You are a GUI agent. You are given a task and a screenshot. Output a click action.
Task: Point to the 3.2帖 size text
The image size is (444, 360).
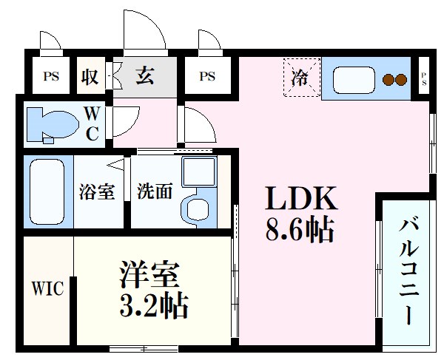[x=153, y=304]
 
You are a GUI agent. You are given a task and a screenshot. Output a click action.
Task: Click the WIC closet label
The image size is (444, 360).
[x=47, y=288]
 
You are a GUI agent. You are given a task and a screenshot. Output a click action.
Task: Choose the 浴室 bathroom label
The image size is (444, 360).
[x=96, y=191]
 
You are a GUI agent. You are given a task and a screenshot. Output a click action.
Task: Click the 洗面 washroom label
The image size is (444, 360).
[x=155, y=191]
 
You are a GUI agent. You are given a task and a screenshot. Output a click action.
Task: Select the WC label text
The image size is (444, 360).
[x=92, y=123]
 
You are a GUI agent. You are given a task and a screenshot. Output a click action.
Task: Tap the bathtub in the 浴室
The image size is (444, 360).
[x=47, y=191]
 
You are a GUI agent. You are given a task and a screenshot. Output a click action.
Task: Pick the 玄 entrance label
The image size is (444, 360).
[x=145, y=75]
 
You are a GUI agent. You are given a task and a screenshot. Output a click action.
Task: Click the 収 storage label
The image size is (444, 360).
[x=91, y=75]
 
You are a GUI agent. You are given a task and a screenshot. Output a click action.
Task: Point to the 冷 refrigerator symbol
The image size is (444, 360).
[x=300, y=76]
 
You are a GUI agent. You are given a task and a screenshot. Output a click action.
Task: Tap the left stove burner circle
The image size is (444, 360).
[x=388, y=79]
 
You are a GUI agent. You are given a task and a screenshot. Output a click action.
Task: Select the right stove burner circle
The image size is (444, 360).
[x=401, y=79]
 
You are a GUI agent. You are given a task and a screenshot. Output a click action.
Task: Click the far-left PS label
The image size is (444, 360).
[x=50, y=75]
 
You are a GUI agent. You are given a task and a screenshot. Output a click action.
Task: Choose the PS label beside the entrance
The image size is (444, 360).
[x=207, y=75]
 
